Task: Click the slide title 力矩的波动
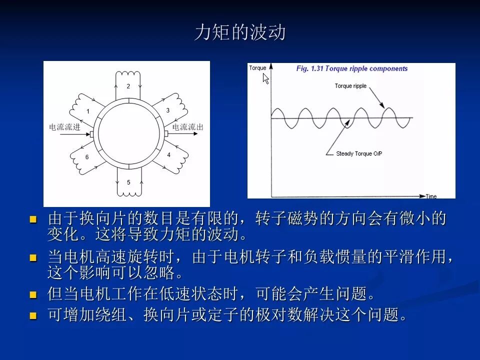[240, 32]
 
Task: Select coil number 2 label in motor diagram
[128, 86]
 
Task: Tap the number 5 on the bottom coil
[128, 182]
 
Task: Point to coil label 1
[88, 111]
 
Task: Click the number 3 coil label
[168, 110]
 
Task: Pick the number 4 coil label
[168, 155]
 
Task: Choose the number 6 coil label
[87, 157]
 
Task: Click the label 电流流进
[64, 126]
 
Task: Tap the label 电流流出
[188, 126]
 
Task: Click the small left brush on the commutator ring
[91, 134]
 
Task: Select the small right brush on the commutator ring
[166, 134]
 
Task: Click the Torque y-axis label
[257, 68]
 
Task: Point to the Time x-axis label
[431, 196]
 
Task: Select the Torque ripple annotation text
[350, 86]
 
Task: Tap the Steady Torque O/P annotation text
[359, 153]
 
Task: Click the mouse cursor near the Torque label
[265, 78]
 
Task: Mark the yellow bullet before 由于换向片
[33, 219]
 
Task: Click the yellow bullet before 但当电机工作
[33, 294]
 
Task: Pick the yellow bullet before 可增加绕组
[33, 315]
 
